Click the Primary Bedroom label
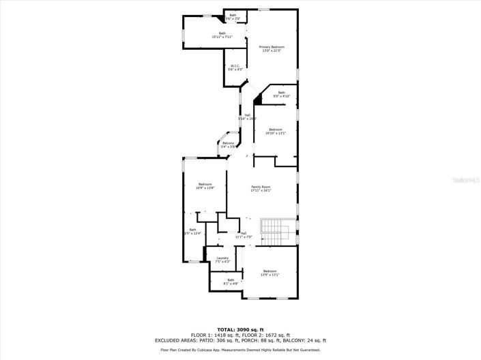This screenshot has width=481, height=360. tap(272, 48)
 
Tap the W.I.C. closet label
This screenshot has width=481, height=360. tap(234, 67)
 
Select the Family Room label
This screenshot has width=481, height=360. tap(261, 189)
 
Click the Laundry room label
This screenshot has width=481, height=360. tap(222, 259)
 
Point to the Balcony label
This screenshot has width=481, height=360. tap(228, 144)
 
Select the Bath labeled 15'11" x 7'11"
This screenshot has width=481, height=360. tap(222, 35)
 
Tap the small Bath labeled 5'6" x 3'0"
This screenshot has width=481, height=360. tap(233, 16)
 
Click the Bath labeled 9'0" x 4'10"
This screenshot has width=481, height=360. tap(281, 94)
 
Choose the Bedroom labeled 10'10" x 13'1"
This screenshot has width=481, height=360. tap(276, 131)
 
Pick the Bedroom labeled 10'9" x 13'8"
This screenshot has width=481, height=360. tap(205, 185)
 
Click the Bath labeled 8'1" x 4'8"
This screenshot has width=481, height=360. tap(231, 281)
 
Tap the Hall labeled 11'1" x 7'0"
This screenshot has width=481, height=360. tap(243, 235)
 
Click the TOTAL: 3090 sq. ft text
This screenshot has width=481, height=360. tap(240, 330)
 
